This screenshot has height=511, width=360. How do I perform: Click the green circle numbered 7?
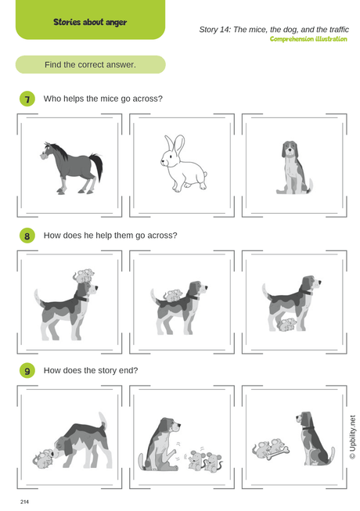pos(27,99)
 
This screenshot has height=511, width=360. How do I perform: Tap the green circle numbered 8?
pos(27,236)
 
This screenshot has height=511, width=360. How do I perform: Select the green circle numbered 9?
pos(27,371)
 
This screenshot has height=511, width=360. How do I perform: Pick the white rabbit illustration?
pos(182,164)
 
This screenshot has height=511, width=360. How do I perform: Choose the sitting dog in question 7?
pos(294,167)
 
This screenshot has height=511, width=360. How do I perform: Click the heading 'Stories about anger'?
pos(90,22)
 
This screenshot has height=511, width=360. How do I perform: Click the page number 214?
pos(26,498)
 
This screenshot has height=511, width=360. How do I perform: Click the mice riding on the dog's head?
pos(84,276)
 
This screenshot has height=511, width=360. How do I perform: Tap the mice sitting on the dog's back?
pos(173,296)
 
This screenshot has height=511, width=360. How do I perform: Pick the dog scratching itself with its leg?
pos(160,442)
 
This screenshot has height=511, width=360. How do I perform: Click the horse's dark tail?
pos(97,164)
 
